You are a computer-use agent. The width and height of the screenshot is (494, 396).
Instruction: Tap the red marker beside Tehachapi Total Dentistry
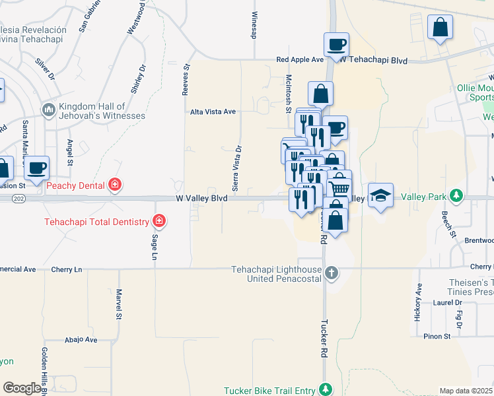[159, 221]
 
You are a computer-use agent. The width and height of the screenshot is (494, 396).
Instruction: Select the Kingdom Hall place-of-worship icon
[48, 109]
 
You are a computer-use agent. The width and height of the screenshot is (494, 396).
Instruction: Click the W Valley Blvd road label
[201, 198]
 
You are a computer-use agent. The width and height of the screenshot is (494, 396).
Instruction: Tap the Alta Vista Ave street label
[213, 112]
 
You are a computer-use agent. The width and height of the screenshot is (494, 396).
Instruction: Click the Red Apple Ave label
[300, 59]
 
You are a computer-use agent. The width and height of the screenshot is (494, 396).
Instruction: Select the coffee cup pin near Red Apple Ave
[336, 44]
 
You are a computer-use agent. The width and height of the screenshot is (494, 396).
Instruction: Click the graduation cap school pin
[380, 195]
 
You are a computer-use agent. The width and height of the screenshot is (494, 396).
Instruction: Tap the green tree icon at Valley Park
[456, 195]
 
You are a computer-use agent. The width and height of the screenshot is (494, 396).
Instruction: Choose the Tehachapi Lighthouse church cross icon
[331, 272]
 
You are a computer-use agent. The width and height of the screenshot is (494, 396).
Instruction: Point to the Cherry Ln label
[69, 269]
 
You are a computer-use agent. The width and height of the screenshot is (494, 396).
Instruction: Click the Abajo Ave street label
[81, 340]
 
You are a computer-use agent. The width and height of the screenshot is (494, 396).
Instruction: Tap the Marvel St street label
[120, 304]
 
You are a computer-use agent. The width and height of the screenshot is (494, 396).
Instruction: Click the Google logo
[22, 388]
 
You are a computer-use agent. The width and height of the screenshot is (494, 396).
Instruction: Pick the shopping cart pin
[339, 187]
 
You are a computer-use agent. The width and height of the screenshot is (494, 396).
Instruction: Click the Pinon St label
[437, 336]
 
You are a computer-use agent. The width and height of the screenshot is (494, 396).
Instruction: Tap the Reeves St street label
[186, 79]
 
